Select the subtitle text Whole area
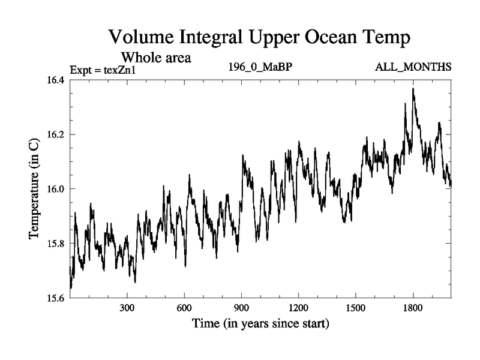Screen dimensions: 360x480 [156, 58]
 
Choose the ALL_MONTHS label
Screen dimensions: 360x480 [413, 67]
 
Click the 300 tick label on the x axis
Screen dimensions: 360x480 [127, 310]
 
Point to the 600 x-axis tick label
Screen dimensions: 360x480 [184, 310]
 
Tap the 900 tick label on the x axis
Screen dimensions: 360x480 [241, 310]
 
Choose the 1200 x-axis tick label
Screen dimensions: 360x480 [298, 310]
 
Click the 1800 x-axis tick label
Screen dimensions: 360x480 [413, 310]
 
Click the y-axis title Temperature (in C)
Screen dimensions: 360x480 [35, 189]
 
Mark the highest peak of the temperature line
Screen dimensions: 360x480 [413, 89]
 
